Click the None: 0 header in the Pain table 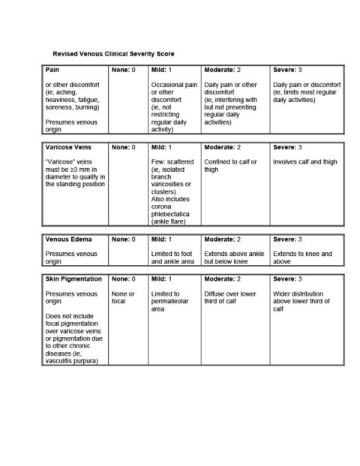pos(124,70)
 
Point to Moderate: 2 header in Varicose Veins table pos(226,147)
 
